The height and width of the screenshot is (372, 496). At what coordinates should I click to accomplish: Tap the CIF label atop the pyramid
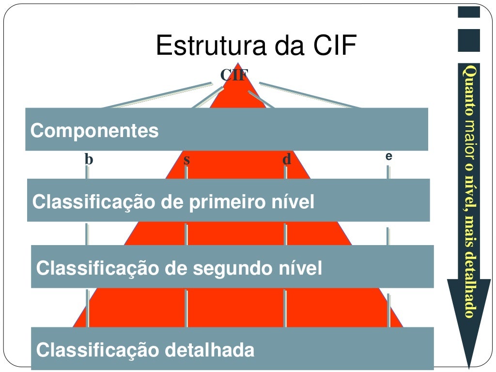point(234,75)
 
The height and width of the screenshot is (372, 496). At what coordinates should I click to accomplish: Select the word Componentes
point(94,131)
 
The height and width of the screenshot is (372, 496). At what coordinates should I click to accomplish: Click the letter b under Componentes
point(88,159)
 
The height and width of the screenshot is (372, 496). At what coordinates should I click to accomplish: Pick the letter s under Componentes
point(186,159)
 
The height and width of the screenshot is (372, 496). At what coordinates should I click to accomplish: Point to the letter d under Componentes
point(287,159)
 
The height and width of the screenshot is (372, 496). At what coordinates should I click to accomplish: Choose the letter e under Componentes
point(388,156)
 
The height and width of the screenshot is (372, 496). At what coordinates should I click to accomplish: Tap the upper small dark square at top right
point(468,12)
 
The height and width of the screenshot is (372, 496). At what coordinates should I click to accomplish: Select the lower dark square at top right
point(468,40)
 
